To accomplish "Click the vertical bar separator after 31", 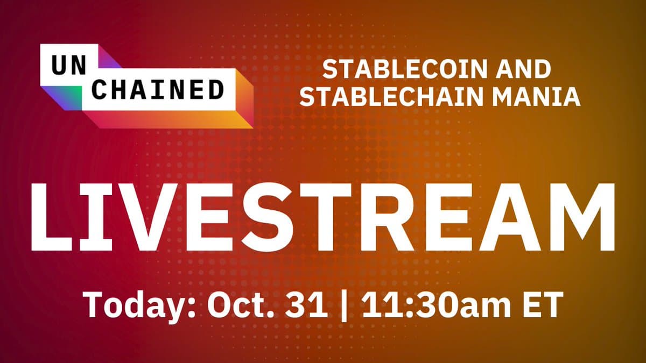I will pyautogui.click(x=345, y=306).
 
